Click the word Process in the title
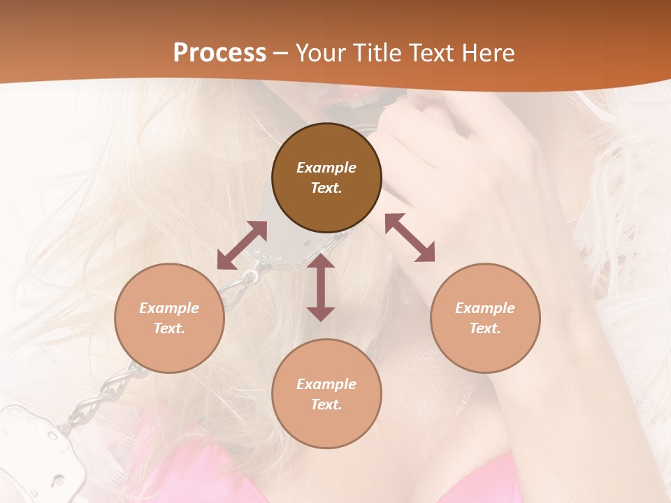(219, 53)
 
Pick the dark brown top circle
(326, 177)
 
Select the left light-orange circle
(169, 318)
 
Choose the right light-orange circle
(485, 318)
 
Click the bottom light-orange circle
(326, 394)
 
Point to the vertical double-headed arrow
(321, 287)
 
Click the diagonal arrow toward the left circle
(242, 245)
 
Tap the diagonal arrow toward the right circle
(410, 238)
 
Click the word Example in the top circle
(326, 168)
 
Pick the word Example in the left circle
(169, 308)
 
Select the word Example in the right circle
(485, 308)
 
